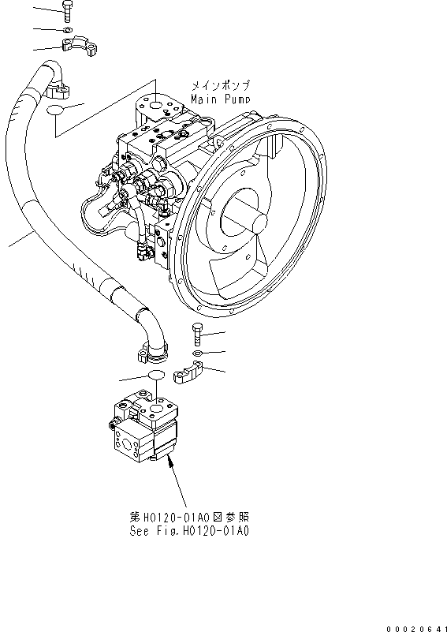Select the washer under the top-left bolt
coord(69,31)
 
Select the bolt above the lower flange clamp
coord(197,335)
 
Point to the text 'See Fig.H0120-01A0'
coord(189,531)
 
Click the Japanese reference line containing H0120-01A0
coord(189,518)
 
